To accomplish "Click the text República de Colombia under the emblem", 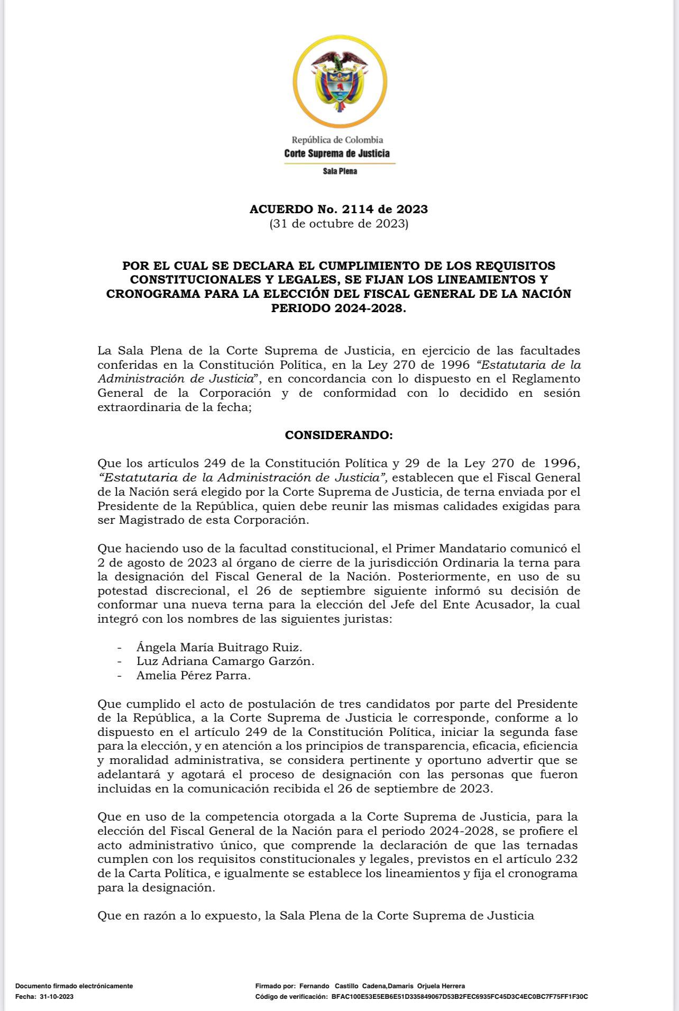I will [x=337, y=140].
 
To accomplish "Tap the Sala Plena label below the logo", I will [x=339, y=171].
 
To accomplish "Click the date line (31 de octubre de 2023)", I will [x=339, y=223].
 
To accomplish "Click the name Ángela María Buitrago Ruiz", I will [x=219, y=647].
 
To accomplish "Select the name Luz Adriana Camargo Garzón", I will [x=225, y=661].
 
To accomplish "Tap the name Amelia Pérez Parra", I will [x=194, y=675].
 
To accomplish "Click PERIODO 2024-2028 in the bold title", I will [x=338, y=308].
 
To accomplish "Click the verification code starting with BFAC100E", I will [x=460, y=996].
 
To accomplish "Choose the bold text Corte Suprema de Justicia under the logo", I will [x=337, y=153].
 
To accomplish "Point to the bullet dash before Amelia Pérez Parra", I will [x=120, y=676].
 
